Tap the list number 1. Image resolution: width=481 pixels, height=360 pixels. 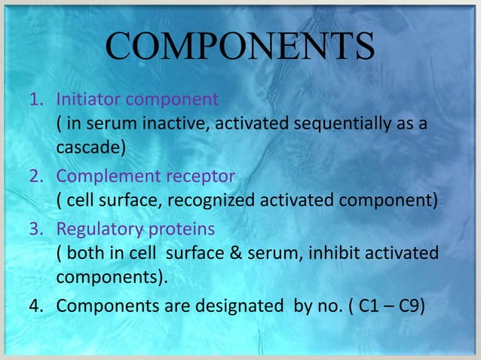click(35, 99)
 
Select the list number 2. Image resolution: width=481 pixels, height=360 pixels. click(35, 175)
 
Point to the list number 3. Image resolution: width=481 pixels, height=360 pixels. click(35, 228)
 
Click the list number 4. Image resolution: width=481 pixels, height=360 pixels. click(35, 306)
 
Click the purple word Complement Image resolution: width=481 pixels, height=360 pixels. click(106, 176)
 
